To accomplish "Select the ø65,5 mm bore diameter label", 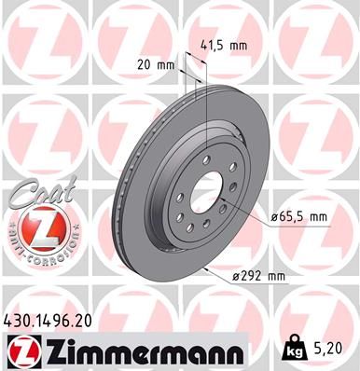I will [x=299, y=217].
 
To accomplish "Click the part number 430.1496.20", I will [x=54, y=321].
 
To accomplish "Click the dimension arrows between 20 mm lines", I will [x=191, y=65].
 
